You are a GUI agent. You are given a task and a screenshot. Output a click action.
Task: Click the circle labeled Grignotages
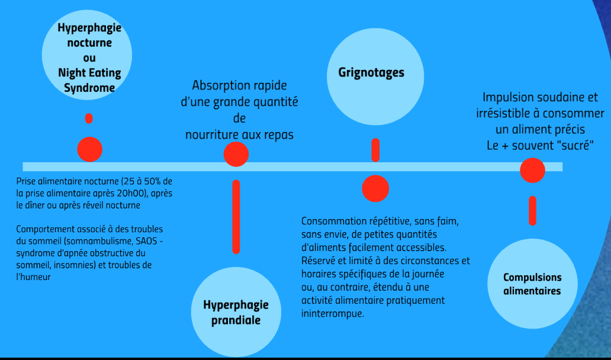(x=375, y=76)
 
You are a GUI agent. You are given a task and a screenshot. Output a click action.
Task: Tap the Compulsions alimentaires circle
(x=532, y=284)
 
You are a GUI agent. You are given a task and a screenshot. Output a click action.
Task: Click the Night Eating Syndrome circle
(x=87, y=54)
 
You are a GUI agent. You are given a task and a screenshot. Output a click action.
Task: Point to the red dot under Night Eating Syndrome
(x=89, y=149)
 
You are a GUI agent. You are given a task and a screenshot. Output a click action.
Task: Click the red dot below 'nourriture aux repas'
(x=236, y=155)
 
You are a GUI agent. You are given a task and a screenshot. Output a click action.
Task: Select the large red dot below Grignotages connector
(x=375, y=188)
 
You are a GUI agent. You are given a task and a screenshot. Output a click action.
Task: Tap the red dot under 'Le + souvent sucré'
(x=532, y=171)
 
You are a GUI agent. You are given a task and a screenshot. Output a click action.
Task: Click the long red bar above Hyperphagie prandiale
(x=236, y=217)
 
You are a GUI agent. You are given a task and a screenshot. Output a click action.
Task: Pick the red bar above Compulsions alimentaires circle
(x=532, y=210)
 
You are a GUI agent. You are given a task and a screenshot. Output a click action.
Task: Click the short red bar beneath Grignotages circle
(x=375, y=150)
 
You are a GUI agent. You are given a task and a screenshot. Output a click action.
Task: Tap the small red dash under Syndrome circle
(x=89, y=118)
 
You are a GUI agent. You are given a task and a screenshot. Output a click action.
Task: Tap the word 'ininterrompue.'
(x=332, y=314)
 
